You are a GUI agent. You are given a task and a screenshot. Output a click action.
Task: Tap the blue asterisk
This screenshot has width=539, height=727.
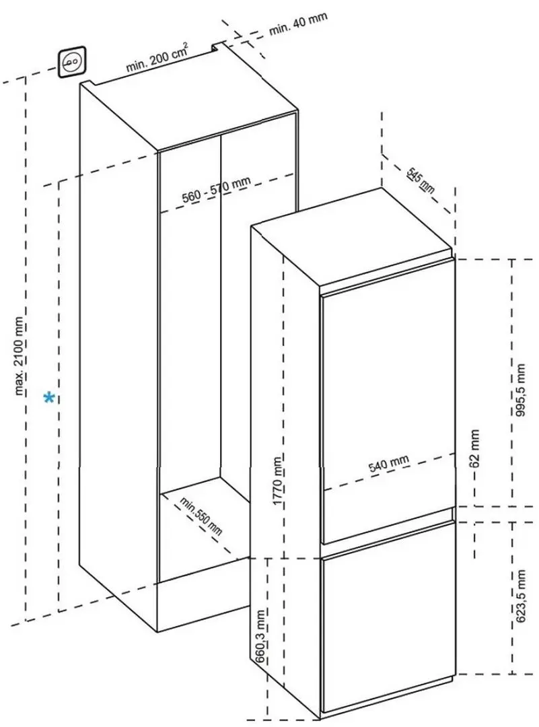(x=49, y=397)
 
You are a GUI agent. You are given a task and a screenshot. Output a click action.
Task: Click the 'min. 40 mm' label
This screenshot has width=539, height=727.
(x=299, y=23)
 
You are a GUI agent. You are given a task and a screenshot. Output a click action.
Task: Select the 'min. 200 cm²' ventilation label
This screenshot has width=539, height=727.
(x=157, y=57)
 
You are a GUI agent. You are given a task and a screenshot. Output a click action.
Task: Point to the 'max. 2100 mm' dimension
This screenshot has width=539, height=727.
(x=19, y=355)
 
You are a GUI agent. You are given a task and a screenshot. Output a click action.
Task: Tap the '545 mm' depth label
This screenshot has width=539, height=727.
(x=421, y=180)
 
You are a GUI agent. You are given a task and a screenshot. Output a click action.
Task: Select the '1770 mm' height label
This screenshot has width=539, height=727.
(x=277, y=481)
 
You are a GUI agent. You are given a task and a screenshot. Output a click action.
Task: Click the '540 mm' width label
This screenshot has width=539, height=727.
(x=389, y=463)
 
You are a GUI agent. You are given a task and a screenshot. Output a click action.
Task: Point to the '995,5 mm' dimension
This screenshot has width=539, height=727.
(x=520, y=390)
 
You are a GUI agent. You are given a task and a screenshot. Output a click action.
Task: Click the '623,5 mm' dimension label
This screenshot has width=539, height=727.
(x=520, y=596)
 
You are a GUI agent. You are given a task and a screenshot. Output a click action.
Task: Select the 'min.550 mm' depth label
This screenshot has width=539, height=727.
(x=201, y=516)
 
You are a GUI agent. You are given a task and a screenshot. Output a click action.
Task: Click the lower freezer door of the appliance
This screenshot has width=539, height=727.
(x=388, y=616)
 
